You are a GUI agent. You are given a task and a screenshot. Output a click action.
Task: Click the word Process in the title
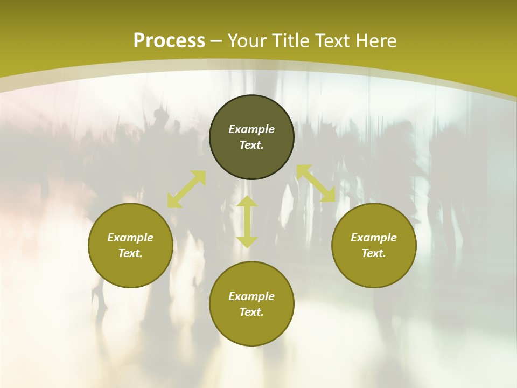[x=169, y=41]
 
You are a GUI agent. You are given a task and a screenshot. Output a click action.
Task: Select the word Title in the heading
[x=293, y=41]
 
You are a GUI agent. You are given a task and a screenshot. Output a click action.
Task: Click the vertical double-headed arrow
[x=247, y=222]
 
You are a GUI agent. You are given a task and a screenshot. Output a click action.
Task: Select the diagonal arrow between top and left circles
[x=186, y=189]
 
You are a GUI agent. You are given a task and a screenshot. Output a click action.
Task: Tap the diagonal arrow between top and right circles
[x=316, y=183]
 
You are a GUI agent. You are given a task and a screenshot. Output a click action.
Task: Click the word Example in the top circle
[x=251, y=129]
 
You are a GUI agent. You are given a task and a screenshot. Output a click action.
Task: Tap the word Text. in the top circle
[x=251, y=145]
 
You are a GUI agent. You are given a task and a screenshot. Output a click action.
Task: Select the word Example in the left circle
[x=130, y=238]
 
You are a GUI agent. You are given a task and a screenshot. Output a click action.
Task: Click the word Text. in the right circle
[x=374, y=253]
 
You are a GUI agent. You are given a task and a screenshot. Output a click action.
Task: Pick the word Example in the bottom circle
[x=251, y=296]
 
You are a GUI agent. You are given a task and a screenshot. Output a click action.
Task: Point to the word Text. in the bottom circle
[x=251, y=312]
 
